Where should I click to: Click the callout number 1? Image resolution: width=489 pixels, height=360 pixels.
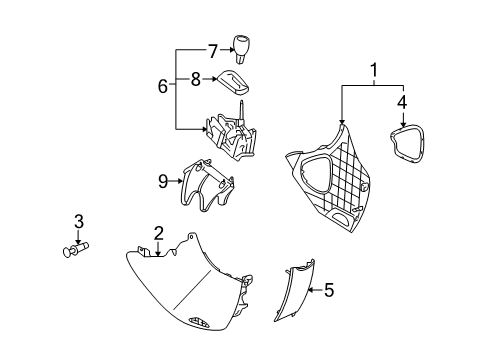click(x=374, y=72)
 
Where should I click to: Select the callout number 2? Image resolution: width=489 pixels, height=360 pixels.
click(x=158, y=234)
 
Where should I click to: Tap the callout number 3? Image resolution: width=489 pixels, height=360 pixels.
click(x=78, y=221)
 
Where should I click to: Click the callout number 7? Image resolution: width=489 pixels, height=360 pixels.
click(x=211, y=49)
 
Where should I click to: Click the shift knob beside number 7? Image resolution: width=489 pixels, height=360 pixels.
click(x=243, y=47)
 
